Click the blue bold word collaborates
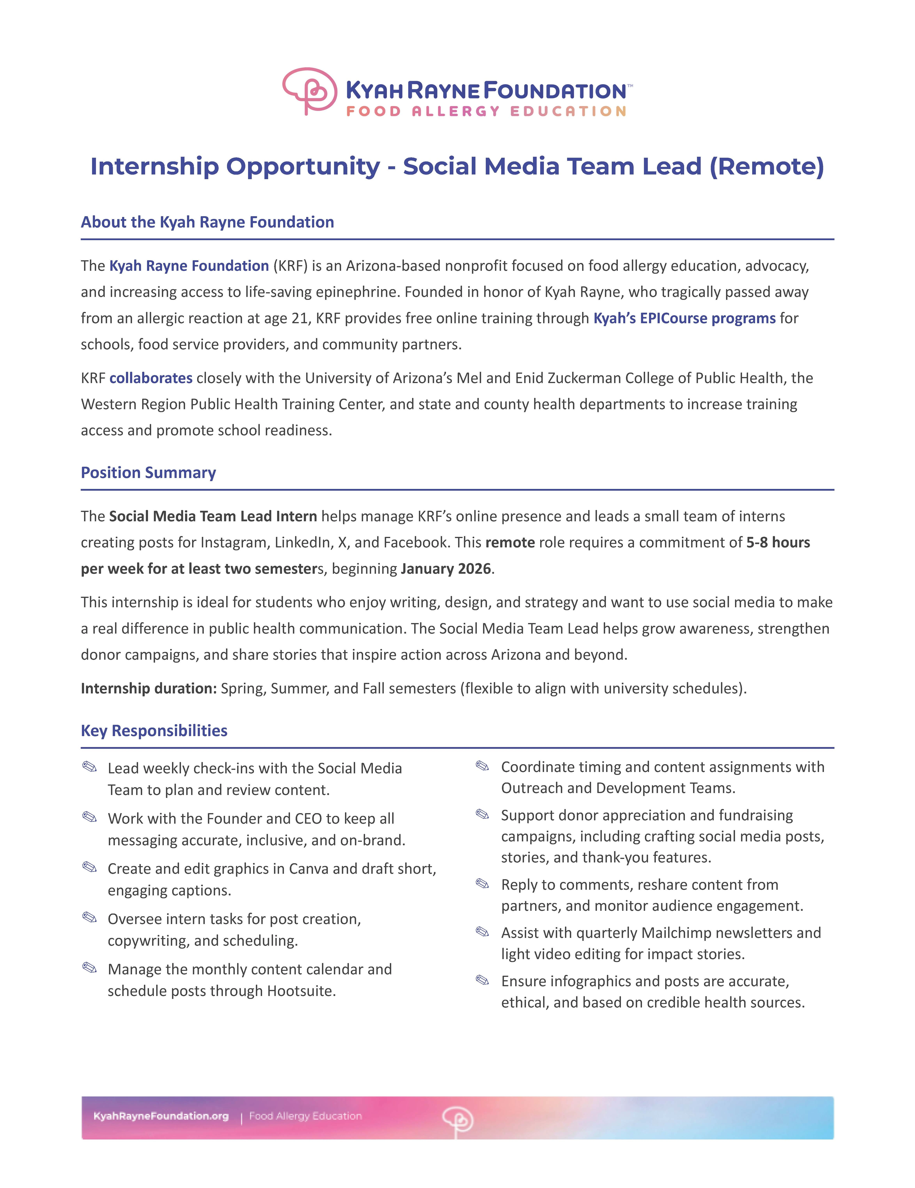tap(151, 378)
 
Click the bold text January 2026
tap(446, 569)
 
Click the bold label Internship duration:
tap(149, 689)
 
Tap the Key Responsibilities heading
tap(154, 730)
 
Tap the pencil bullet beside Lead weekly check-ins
tap(89, 767)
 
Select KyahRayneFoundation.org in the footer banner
tap(161, 1116)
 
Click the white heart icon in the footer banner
tap(457, 1118)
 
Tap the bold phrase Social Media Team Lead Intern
tap(213, 516)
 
